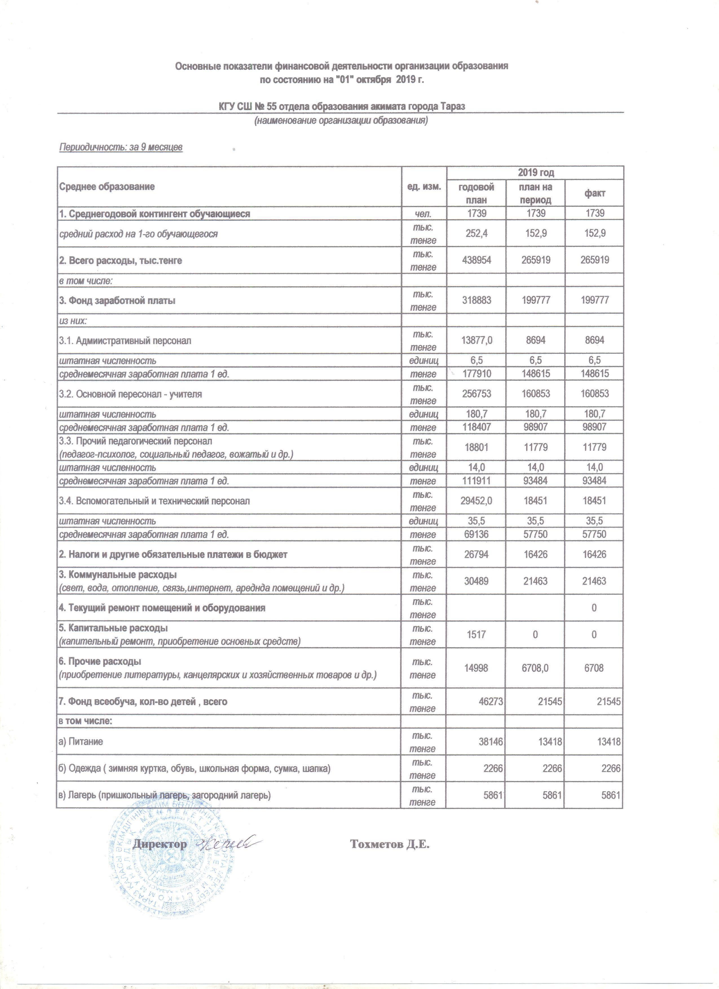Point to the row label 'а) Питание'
point(81,741)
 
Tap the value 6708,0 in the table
point(535,668)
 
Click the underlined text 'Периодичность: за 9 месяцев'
point(121,147)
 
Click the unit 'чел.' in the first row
point(423,214)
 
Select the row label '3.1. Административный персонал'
point(125,341)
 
